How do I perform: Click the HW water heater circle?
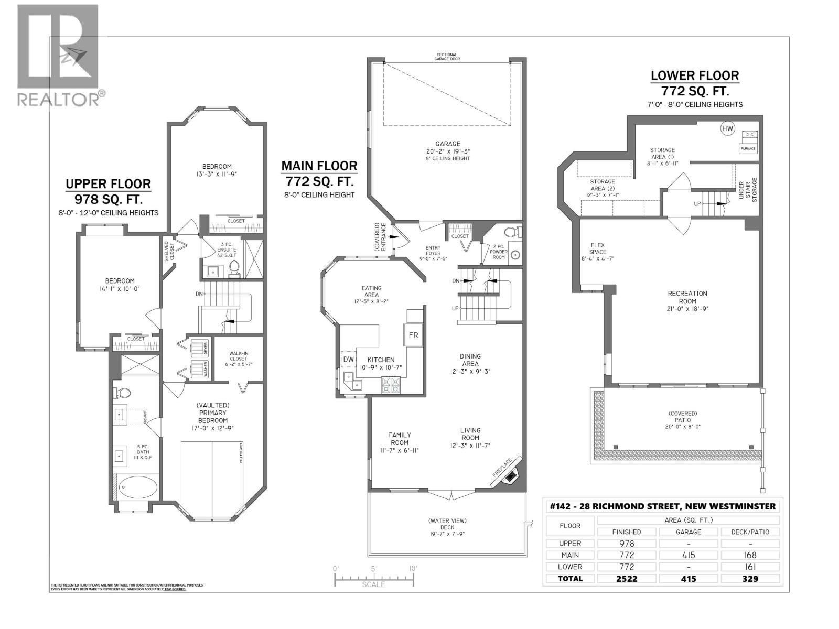pos(727,128)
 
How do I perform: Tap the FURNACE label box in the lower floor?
pos(748,148)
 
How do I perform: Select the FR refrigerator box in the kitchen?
pos(413,335)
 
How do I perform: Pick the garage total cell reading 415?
pos(688,579)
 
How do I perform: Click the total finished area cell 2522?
pos(626,579)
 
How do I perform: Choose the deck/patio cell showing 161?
pos(750,567)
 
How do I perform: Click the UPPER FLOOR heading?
pos(108,184)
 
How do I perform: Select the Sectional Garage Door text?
pos(446,57)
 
